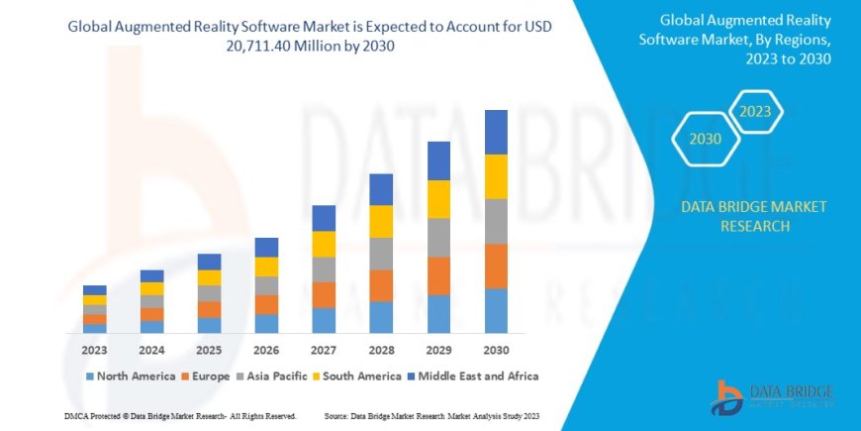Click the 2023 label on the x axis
coord(95,350)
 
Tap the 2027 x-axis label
coord(324,350)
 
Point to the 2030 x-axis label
coord(496,350)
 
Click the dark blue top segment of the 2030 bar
coord(496,132)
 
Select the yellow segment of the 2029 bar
coord(438,199)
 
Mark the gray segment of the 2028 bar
coord(381,254)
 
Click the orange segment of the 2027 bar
coord(324,294)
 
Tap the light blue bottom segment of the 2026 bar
coord(266,323)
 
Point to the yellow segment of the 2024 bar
coord(151,288)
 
